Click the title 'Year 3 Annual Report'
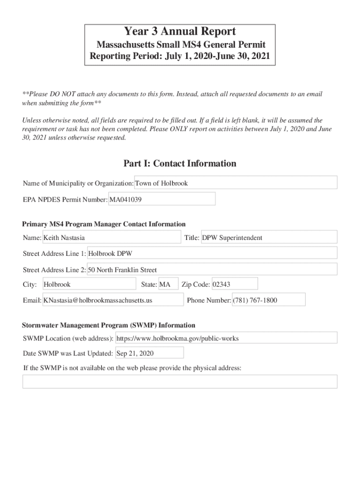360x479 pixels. point(180,32)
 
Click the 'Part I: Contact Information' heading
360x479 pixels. point(180,164)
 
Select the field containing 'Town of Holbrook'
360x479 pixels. point(236,183)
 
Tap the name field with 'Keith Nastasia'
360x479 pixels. point(111,238)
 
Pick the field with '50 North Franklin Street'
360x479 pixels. point(212,269)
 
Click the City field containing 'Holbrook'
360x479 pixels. point(89,284)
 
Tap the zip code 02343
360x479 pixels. point(234,284)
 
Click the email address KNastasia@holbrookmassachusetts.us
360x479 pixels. point(113,300)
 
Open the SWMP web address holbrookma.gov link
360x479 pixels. point(226,338)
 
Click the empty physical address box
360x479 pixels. point(180,382)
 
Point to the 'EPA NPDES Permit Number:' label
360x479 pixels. point(65,200)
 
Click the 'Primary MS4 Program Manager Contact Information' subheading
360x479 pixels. point(104,224)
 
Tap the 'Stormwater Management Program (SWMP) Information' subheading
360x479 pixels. point(108,325)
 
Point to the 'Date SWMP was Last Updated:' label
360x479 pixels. point(67,353)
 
